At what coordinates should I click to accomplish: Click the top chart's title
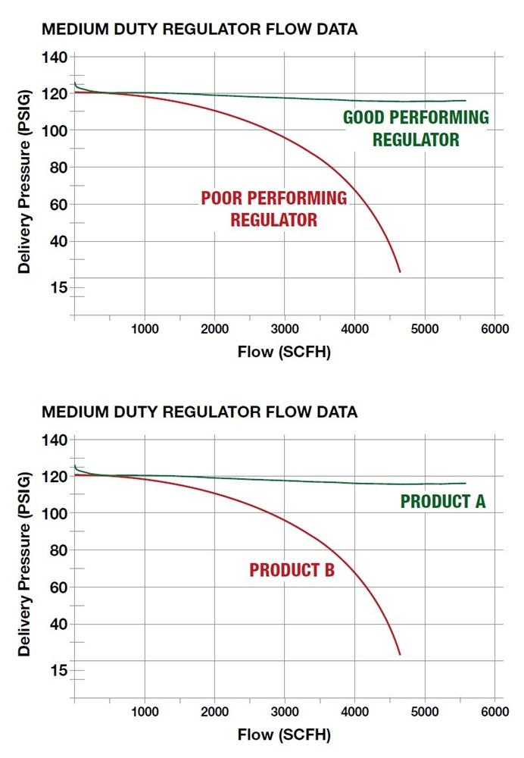tap(199, 30)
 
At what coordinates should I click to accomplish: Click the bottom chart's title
tap(199, 412)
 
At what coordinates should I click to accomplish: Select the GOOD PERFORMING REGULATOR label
tap(416, 129)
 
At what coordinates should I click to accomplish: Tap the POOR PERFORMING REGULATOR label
tap(273, 209)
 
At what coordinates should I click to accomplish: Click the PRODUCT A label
tap(442, 502)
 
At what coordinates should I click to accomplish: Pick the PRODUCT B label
tap(292, 571)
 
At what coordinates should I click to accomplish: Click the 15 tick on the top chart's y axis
tap(58, 287)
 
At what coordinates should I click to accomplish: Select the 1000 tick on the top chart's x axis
tap(144, 329)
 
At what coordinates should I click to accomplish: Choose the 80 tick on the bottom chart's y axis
tap(58, 550)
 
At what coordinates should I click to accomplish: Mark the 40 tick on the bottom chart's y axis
tap(58, 625)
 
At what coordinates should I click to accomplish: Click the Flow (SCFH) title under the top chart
tap(284, 352)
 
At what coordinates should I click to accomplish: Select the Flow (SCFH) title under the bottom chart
tap(284, 735)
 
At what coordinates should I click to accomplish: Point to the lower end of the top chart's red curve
tap(399, 271)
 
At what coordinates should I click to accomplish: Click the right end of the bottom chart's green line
tap(465, 484)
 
